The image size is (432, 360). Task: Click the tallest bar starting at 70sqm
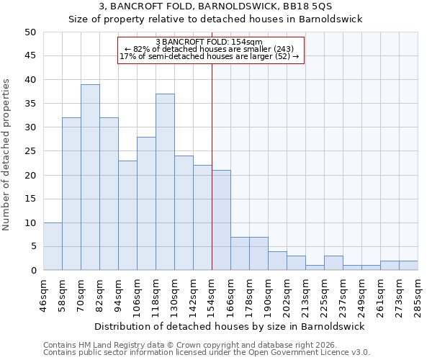point(90,177)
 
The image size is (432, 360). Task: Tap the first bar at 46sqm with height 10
point(53,246)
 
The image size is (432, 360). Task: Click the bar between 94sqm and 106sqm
point(127,215)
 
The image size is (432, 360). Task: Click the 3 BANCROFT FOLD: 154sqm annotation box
point(210,50)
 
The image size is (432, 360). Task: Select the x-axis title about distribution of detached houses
point(230,326)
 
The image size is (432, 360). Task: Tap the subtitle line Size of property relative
point(215,19)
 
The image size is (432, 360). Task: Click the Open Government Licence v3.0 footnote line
point(207,353)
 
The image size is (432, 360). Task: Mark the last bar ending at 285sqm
point(408,265)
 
